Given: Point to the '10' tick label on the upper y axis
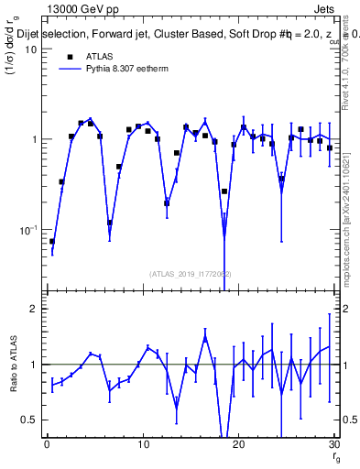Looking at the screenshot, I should (x=29, y=49).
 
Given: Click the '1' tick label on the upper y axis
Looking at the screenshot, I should (x=32, y=139).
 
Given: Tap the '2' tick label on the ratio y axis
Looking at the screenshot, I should (x=32, y=309).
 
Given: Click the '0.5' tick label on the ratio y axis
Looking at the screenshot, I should (x=27, y=420).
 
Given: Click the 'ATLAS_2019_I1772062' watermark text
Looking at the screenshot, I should (x=190, y=273).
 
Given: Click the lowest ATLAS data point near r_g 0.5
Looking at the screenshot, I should (x=51, y=242).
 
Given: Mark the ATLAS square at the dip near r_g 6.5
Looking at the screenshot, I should (x=109, y=223).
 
